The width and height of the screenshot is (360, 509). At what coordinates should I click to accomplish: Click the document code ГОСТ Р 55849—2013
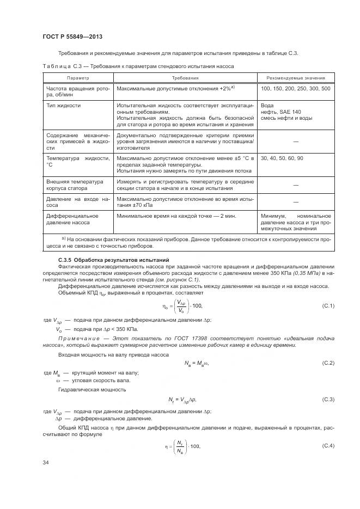(72, 36)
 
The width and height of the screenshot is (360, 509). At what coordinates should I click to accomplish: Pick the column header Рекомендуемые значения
(296, 78)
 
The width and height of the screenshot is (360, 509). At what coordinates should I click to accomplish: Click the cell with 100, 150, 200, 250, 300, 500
(295, 88)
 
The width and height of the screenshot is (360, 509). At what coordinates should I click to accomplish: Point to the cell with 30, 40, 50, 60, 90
(282, 158)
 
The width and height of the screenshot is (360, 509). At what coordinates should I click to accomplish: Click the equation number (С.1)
(328, 306)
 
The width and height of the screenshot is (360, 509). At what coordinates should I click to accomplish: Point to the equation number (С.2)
(328, 363)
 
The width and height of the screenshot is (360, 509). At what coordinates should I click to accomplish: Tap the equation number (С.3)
(328, 400)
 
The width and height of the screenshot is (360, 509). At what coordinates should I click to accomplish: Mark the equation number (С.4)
(328, 446)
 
